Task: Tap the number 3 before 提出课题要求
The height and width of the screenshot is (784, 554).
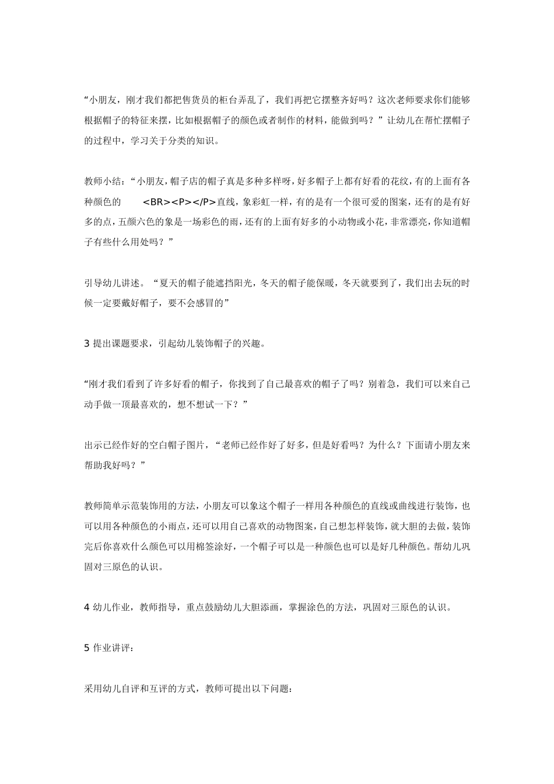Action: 87,344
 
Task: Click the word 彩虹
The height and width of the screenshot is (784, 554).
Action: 259,202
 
